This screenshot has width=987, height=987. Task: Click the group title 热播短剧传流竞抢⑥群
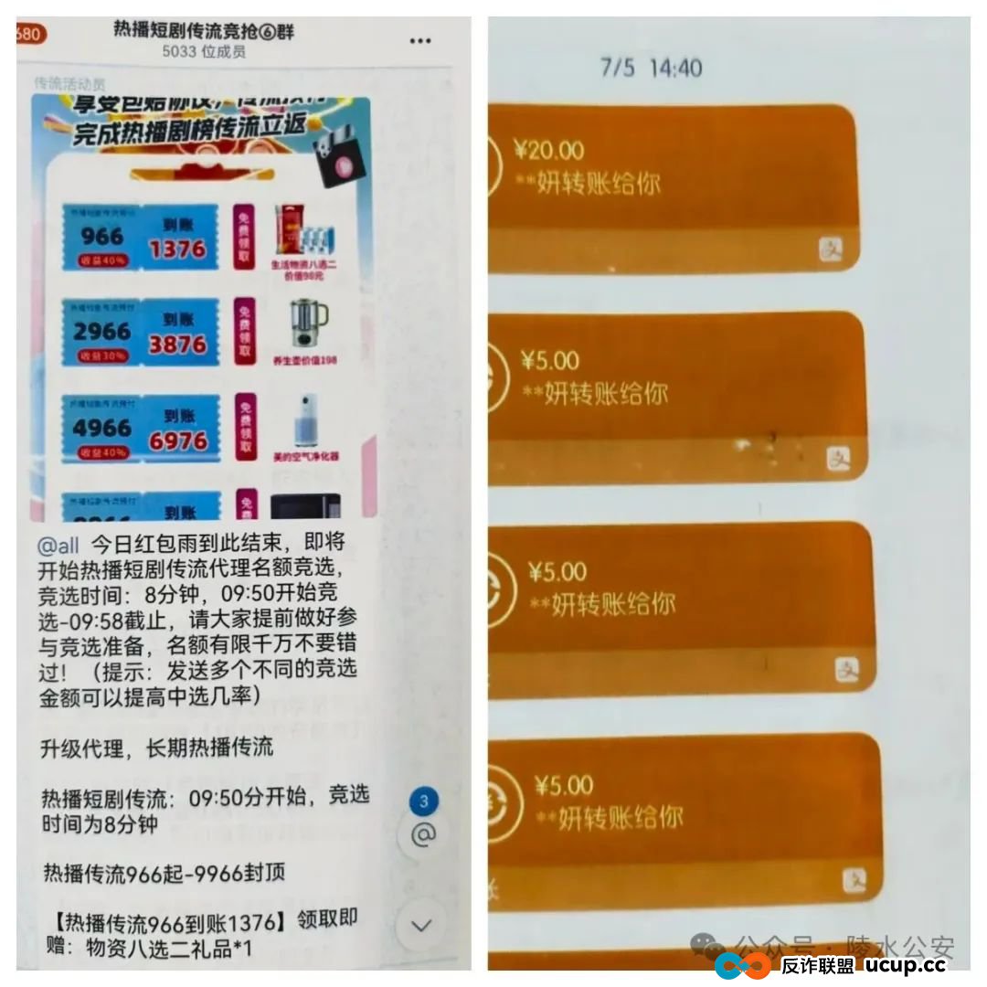pyautogui.click(x=203, y=31)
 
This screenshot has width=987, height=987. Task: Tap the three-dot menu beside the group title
pyautogui.click(x=420, y=40)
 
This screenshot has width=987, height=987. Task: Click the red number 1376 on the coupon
pyautogui.click(x=177, y=249)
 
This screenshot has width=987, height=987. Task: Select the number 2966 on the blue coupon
pyautogui.click(x=101, y=331)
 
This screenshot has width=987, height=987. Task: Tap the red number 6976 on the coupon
pyautogui.click(x=177, y=441)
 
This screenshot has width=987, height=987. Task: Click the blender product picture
pyautogui.click(x=302, y=324)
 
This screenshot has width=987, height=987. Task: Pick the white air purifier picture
pyautogui.click(x=302, y=420)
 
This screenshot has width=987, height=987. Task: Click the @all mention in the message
pyautogui.click(x=58, y=547)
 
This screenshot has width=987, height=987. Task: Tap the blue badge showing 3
pyautogui.click(x=423, y=802)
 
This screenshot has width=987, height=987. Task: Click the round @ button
pyautogui.click(x=423, y=834)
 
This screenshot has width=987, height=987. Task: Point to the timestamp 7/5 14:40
pyautogui.click(x=651, y=68)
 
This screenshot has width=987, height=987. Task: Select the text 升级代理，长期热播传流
pyautogui.click(x=157, y=747)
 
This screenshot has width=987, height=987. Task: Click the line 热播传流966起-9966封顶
pyautogui.click(x=164, y=873)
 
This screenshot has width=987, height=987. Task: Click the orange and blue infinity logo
pyautogui.click(x=742, y=965)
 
